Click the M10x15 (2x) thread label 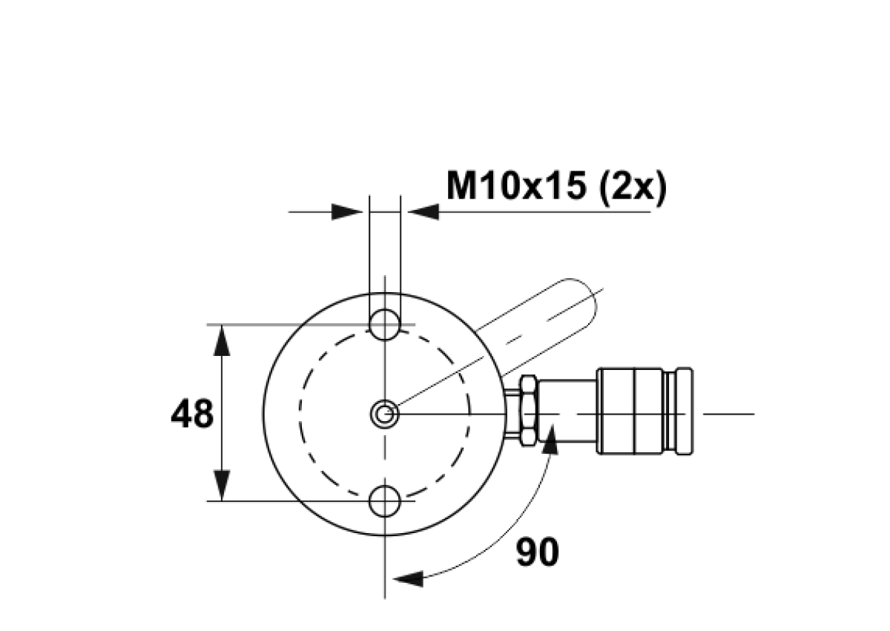pos(556,187)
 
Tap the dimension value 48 pos(192,414)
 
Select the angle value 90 pos(538,552)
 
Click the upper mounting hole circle pos(385,325)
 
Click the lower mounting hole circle pos(385,501)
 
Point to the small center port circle pos(385,414)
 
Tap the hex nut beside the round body pos(528,411)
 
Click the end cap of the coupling pos(684,411)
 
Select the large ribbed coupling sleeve pos(630,411)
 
